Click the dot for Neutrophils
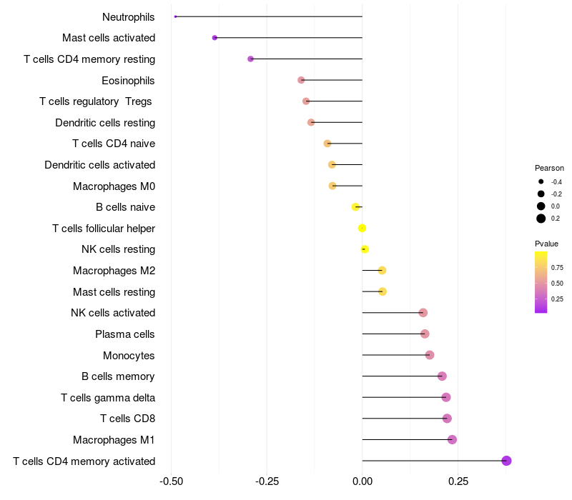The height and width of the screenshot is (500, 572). (x=175, y=16)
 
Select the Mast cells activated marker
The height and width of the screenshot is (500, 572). (x=214, y=38)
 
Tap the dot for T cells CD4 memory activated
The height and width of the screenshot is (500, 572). (x=506, y=461)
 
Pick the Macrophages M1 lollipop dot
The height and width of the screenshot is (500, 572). (x=452, y=439)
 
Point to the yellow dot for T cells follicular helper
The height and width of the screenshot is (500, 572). (x=362, y=228)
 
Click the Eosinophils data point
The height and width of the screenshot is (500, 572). (x=301, y=80)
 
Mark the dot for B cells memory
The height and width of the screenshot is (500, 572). (x=442, y=376)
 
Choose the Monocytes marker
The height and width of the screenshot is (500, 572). (x=430, y=355)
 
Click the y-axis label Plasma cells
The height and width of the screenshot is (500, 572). (x=125, y=334)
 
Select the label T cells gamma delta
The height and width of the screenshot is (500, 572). (x=108, y=398)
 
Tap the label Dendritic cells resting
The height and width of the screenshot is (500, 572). (x=105, y=123)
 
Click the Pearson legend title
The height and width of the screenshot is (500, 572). (x=549, y=168)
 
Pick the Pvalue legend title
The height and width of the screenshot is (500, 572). (x=547, y=244)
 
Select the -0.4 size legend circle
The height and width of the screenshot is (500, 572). (x=541, y=182)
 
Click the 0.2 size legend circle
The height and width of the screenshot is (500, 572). (x=541, y=219)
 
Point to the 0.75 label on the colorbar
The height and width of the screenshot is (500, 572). (x=557, y=268)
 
